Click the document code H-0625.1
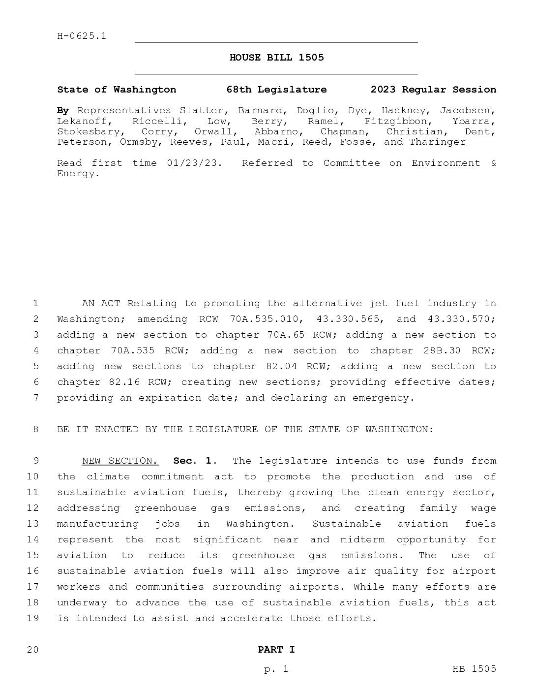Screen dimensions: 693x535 (x=82, y=36)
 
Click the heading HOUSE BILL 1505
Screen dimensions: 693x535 (x=276, y=58)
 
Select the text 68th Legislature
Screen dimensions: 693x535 (x=276, y=90)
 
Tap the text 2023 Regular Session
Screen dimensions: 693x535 (x=433, y=90)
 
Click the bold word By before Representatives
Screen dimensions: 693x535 (x=63, y=111)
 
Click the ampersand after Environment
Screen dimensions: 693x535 (x=493, y=163)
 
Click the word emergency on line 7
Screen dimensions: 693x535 (x=384, y=398)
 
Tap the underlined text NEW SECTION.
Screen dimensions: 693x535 (x=120, y=461)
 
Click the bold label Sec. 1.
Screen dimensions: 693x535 (x=195, y=461)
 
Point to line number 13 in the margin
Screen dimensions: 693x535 (x=33, y=524)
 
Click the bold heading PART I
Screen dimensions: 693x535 (x=276, y=650)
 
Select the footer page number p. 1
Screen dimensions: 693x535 (x=276, y=669)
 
